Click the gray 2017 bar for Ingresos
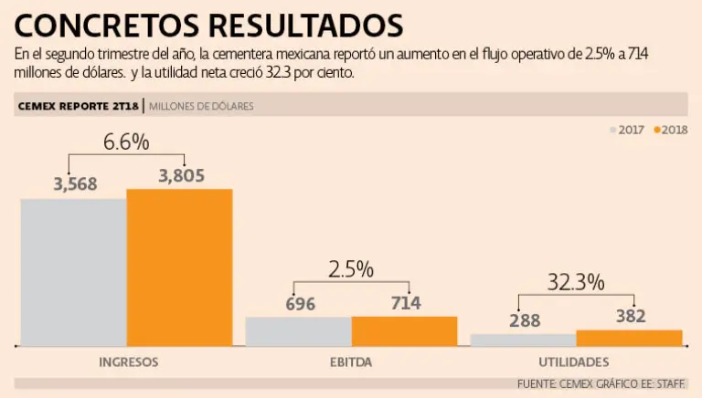pos(73,272)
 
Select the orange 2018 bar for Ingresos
pos(179,267)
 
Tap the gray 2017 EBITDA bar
pos(298,331)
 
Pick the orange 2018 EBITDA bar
pos(404,330)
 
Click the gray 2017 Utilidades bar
pos(523,340)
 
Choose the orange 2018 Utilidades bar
pos(629,338)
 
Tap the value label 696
pos(301,304)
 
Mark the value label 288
pos(526,320)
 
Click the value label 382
pos(631,316)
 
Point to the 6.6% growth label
pos(126,141)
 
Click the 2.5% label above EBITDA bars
pos(351,269)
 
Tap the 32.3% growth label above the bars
pos(576,282)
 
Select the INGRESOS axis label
pos(128,361)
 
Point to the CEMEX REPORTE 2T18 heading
pos(79,106)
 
